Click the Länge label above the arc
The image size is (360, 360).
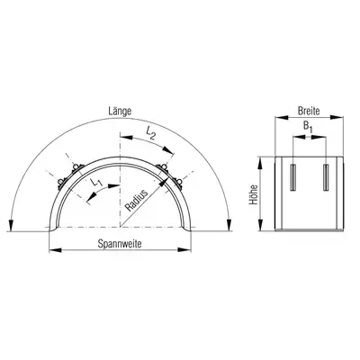(x=120, y=112)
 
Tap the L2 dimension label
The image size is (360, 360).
(x=150, y=133)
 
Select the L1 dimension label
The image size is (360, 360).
(x=96, y=182)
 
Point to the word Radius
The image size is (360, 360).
(x=137, y=201)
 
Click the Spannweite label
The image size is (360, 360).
(x=120, y=244)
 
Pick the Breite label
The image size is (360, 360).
(x=309, y=111)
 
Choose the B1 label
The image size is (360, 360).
(x=308, y=127)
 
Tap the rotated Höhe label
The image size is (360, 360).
(x=254, y=194)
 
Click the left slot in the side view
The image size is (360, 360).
(x=293, y=177)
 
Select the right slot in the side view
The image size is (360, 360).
(x=326, y=177)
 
